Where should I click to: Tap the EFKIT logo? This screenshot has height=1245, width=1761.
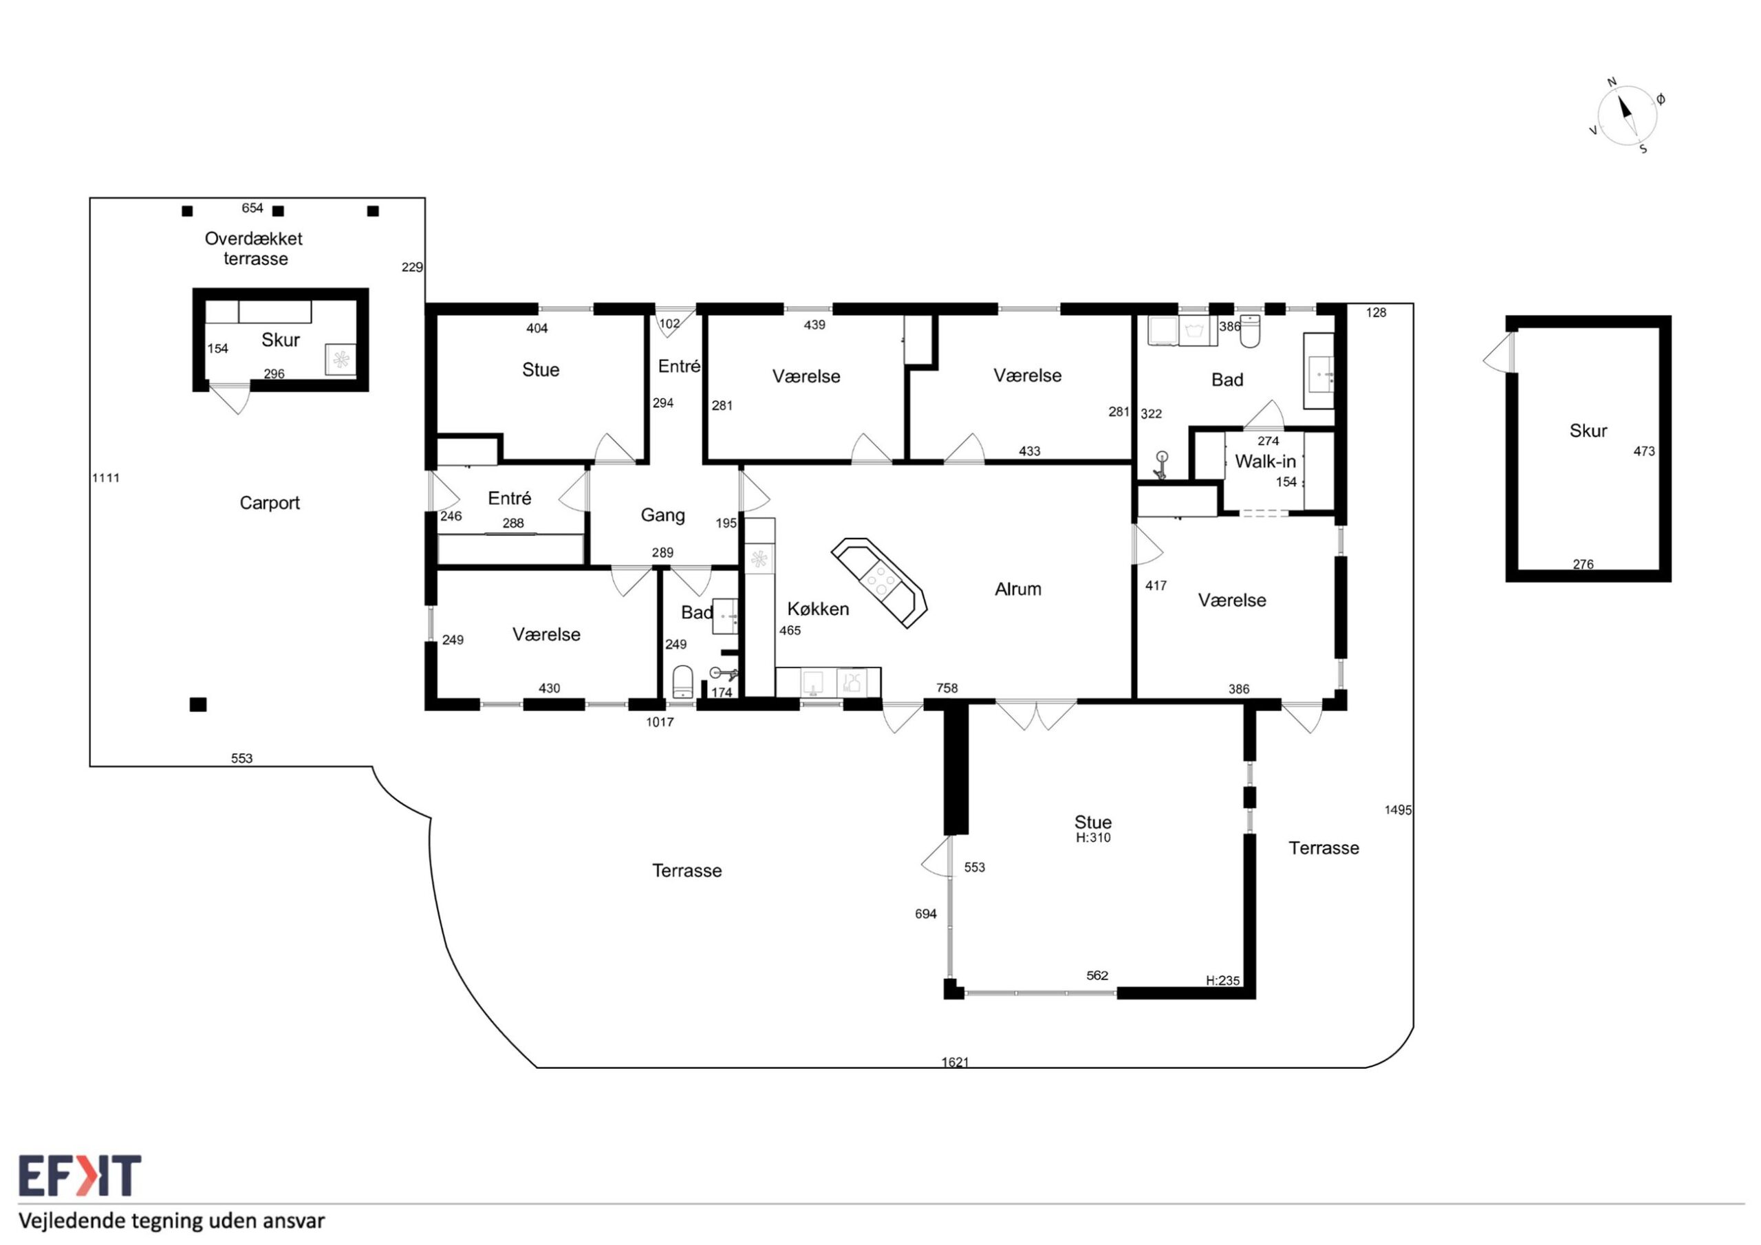[80, 1176]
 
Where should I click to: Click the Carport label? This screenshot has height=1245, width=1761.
[269, 504]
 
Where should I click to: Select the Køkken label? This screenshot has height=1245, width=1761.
[818, 609]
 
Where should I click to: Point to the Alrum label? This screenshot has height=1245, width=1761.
[1018, 589]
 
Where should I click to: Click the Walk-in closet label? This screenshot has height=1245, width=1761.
[1265, 462]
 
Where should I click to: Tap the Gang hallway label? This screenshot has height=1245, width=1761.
[662, 515]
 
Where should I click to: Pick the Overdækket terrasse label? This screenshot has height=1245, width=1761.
[254, 248]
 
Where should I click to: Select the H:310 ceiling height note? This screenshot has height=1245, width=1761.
[1093, 838]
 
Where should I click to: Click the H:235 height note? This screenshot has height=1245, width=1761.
[1222, 980]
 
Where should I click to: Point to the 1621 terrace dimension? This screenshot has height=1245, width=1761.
[955, 1063]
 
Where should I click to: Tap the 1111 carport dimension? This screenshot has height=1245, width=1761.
[106, 478]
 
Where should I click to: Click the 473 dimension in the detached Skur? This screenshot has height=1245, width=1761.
[1643, 451]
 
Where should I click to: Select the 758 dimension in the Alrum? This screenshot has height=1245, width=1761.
[947, 688]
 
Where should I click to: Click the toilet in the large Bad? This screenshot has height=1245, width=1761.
[1250, 332]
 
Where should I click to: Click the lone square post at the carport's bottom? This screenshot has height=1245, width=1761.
[198, 704]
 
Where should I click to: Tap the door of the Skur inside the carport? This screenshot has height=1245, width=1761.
[230, 398]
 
